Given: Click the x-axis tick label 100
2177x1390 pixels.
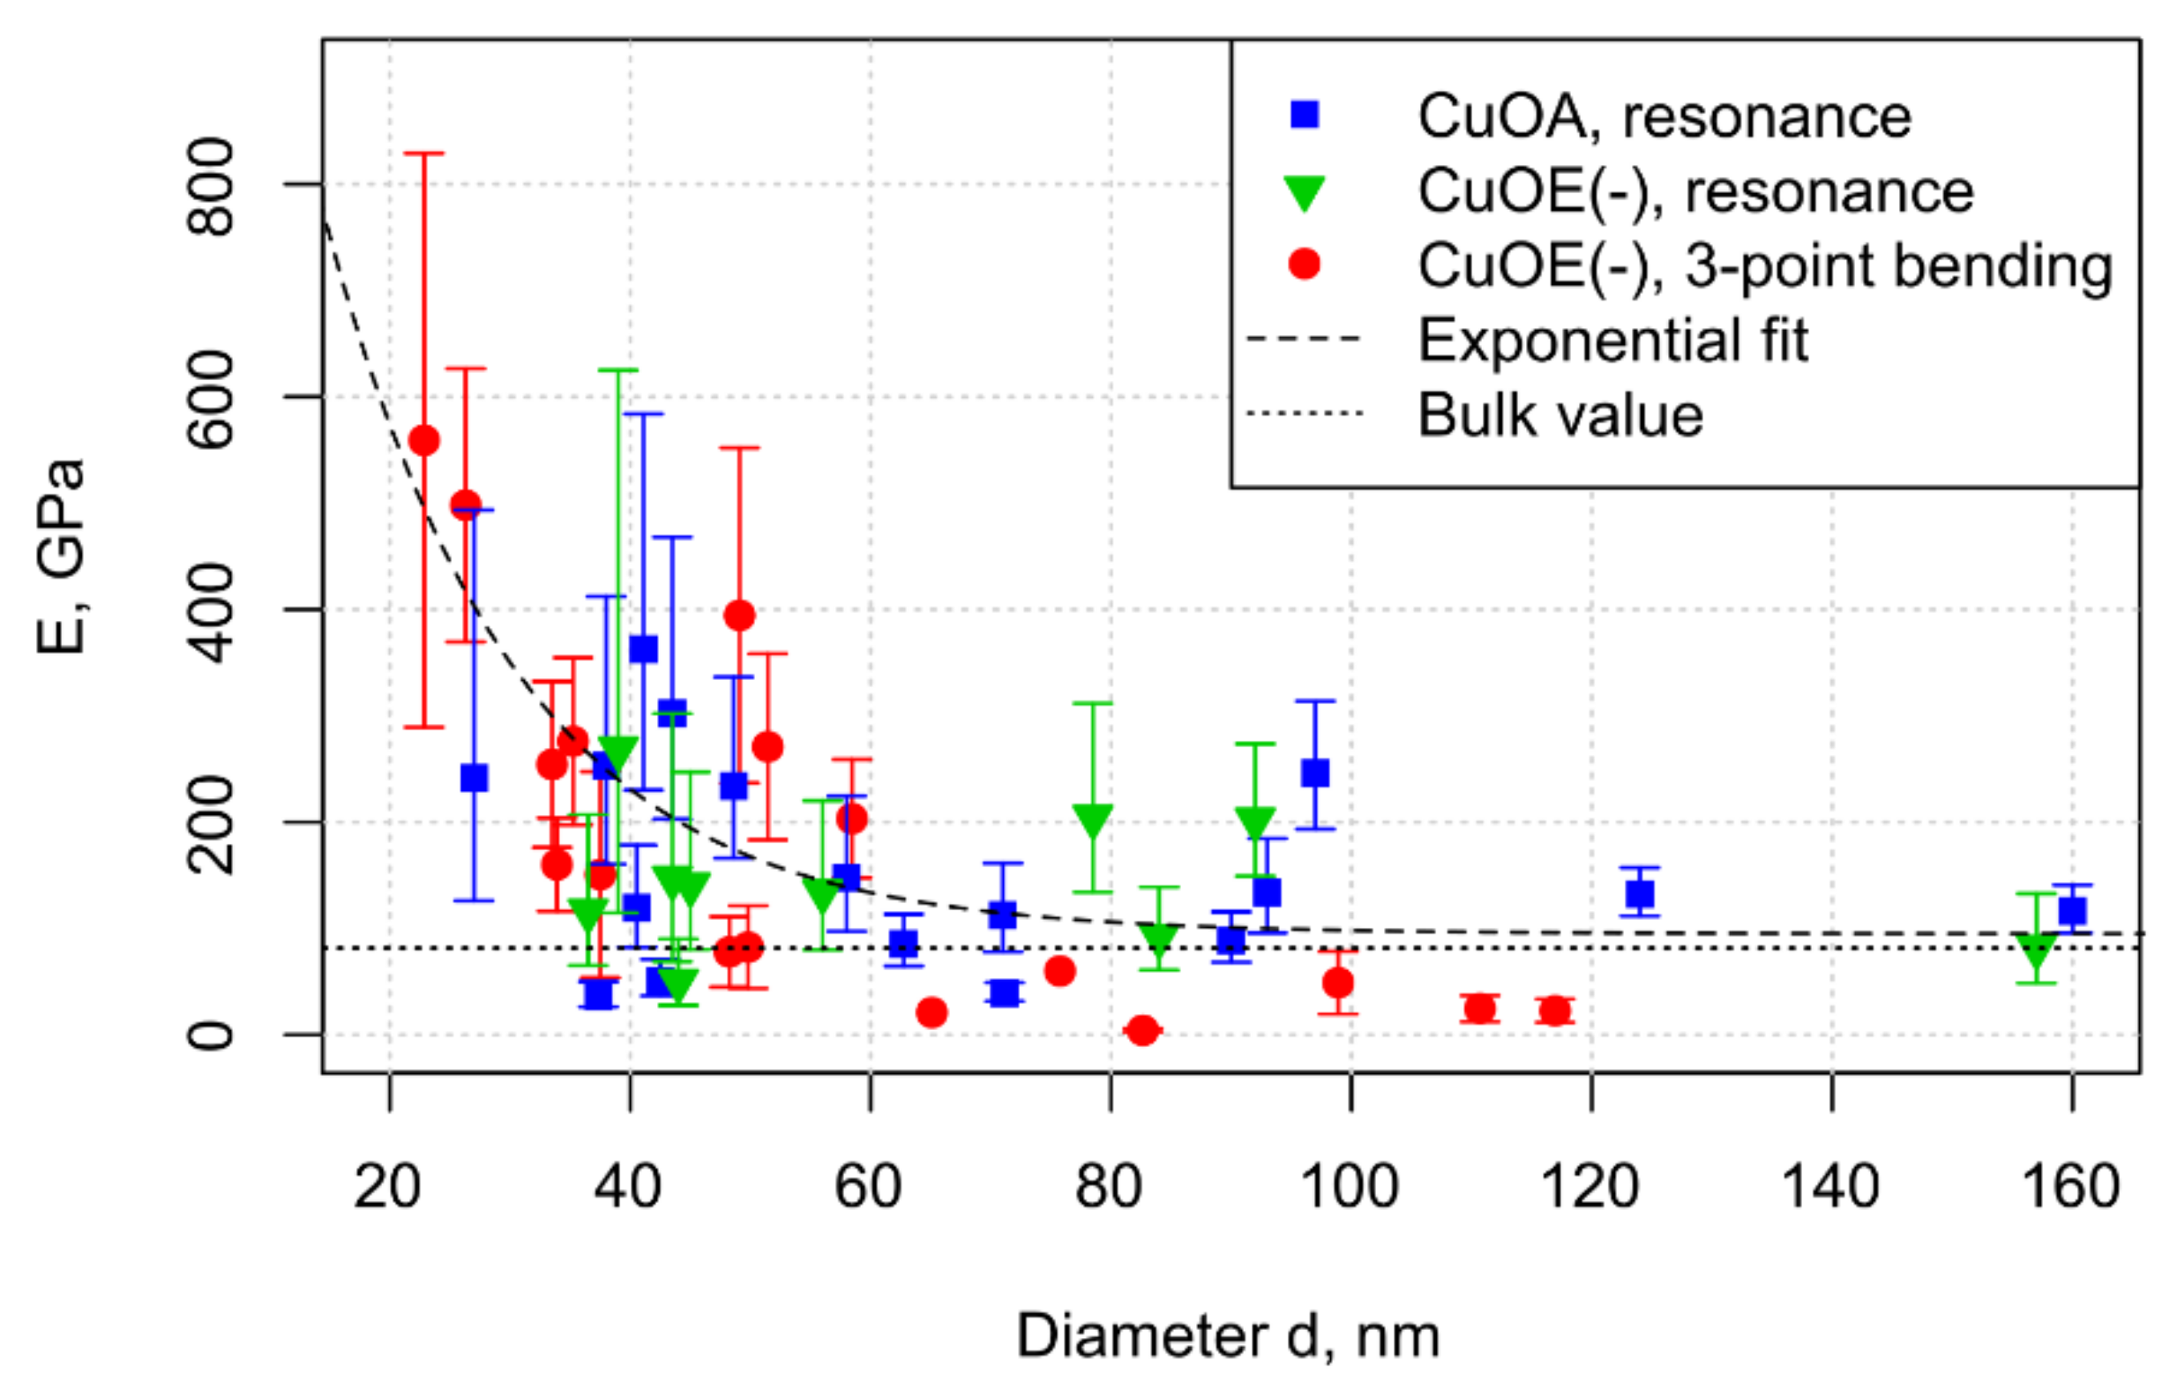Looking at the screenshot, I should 1349,1186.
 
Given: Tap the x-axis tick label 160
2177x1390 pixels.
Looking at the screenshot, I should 2070,1186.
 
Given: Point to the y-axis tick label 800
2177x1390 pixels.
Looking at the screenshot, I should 210,186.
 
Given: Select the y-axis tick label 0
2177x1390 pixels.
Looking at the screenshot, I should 210,1034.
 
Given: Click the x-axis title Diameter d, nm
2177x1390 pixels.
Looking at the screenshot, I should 1228,1336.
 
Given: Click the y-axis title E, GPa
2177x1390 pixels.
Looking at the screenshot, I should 62,557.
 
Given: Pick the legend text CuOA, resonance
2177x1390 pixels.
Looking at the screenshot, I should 1664,116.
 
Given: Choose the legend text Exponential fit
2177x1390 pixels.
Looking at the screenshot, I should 1612,340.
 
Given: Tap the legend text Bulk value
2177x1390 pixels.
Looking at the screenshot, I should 1560,415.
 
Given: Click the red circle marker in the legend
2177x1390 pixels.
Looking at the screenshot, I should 1304,264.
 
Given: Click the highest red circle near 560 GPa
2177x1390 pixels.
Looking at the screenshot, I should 424,441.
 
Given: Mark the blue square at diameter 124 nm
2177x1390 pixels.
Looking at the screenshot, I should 1639,893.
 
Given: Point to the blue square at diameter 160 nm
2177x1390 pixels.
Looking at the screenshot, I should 2072,910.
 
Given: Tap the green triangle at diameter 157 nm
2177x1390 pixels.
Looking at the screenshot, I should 2036,952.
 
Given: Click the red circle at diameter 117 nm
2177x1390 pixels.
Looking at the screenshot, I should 1554,1011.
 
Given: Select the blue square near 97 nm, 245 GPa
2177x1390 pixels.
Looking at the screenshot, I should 1314,773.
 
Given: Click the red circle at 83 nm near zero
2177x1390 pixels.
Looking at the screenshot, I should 1141,1030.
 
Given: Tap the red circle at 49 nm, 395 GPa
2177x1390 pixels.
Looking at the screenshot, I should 738,616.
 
